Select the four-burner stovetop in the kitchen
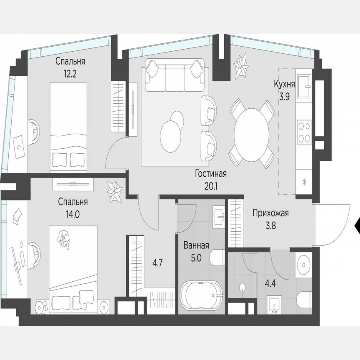pos(304,131)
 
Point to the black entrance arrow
pos(357,225)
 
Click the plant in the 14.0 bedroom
pos(114,192)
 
